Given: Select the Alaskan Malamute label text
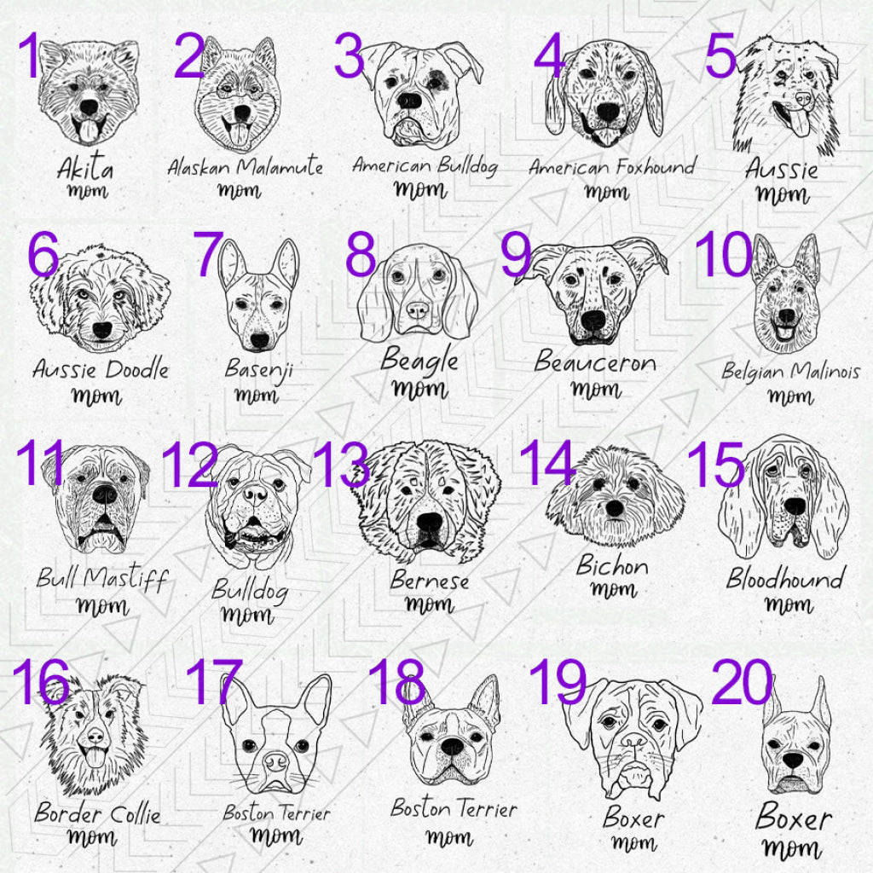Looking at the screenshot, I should click(245, 165).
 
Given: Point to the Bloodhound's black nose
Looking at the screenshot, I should click(795, 506).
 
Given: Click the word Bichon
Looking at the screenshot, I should click(612, 564).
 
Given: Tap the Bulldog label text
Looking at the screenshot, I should click(249, 589).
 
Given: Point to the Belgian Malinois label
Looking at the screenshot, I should click(790, 372).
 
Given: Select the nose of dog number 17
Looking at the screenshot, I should click(275, 757).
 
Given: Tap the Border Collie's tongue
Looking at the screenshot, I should click(95, 757).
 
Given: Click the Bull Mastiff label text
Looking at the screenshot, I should click(101, 579).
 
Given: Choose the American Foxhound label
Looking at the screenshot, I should click(611, 166).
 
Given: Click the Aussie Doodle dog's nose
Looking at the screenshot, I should click(102, 330).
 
